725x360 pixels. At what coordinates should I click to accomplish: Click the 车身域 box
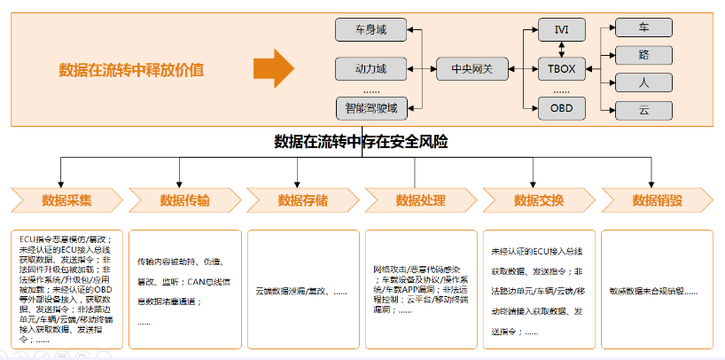pos(370,30)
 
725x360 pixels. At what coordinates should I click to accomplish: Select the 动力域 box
pos(370,67)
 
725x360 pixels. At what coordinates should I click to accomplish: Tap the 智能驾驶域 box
pos(370,109)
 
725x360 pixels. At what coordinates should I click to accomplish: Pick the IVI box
pos(561,29)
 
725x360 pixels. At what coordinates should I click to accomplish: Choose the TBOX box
pos(561,67)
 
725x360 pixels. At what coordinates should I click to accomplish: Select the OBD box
pos(561,109)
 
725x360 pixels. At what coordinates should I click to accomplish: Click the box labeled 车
pos(644,27)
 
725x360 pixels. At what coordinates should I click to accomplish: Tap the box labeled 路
pos(644,55)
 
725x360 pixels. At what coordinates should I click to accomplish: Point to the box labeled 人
pos(644,82)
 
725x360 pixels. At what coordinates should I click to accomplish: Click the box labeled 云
pos(644,110)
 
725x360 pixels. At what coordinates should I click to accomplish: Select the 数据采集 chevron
pos(66,200)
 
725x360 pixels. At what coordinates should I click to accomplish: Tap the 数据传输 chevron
pos(183,200)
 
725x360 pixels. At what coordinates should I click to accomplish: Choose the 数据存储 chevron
pos(301,200)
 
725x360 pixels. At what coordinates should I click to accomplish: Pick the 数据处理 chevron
pos(419,200)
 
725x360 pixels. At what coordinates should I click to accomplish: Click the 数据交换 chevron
pos(537,200)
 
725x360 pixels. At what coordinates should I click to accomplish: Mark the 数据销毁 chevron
pos(656,200)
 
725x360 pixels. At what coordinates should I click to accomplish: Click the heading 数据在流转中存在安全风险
pos(362,142)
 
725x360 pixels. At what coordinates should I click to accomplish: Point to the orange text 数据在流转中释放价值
pos(131,69)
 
